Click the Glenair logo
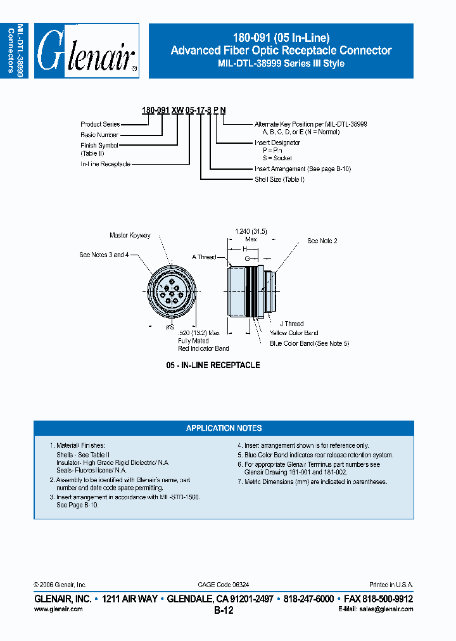click(86, 51)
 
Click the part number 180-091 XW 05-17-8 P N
click(184, 110)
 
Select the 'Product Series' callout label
click(100, 124)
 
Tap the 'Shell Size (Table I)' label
click(279, 179)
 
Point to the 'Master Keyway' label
click(130, 236)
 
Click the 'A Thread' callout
click(204, 257)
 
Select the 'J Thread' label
click(291, 324)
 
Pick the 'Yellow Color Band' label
click(294, 333)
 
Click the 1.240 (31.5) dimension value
click(251, 232)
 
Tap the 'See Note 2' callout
click(322, 241)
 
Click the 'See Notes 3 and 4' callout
click(104, 255)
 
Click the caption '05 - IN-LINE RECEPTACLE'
click(213, 365)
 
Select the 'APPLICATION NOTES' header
click(224, 428)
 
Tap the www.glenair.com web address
click(58, 609)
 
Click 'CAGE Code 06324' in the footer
click(228, 585)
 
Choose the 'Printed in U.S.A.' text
click(391, 585)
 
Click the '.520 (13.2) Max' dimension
click(198, 333)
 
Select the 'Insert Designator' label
click(277, 143)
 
